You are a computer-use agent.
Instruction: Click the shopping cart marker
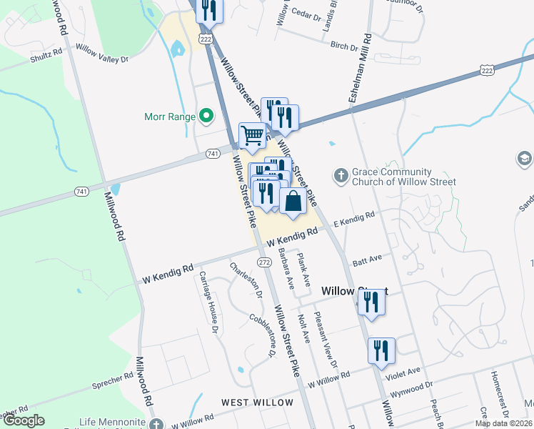click(x=251, y=135)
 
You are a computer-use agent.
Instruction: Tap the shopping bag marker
click(x=293, y=201)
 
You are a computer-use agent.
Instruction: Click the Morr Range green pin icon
click(x=206, y=114)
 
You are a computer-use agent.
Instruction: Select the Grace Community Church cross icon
click(x=341, y=175)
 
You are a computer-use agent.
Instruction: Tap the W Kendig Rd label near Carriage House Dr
click(x=168, y=273)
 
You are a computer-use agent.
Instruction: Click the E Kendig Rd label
click(x=353, y=219)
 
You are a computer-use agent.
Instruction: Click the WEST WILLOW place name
click(x=257, y=403)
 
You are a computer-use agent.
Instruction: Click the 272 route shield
click(x=264, y=263)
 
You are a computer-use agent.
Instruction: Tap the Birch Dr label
click(x=343, y=46)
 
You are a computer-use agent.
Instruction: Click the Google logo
click(x=23, y=420)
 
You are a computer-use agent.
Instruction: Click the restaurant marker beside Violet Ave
click(x=381, y=350)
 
